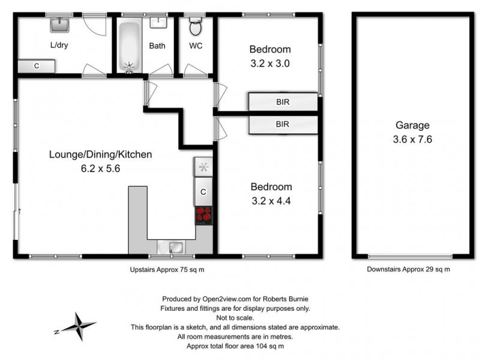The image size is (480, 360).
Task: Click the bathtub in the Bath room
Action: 128,47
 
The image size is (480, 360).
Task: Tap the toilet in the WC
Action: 195,26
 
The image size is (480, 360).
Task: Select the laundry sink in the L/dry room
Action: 59,25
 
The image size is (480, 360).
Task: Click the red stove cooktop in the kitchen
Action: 204,215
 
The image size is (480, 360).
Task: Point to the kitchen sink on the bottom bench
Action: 175,247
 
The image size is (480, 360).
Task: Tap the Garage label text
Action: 412,125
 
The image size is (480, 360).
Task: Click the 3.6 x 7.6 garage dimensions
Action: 412,139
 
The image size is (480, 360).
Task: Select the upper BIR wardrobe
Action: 283,102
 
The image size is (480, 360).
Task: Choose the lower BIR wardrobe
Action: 283,125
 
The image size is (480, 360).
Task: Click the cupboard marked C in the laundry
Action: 37,66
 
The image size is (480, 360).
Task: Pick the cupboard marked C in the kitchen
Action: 203,192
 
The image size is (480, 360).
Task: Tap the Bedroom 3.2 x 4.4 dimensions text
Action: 271,200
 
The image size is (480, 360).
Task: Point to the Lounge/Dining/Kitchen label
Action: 100,155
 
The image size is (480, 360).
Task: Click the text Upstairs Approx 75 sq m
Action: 167,270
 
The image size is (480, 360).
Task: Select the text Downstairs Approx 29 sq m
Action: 409,270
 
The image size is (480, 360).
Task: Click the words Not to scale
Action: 236,317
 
